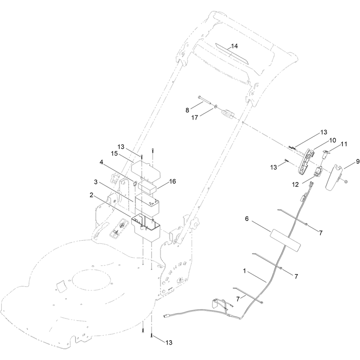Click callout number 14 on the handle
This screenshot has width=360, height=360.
pos(234,46)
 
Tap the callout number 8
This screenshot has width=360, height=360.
pos(187,110)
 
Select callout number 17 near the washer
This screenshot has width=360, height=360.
pos(194,118)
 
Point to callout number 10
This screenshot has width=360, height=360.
pos(333,140)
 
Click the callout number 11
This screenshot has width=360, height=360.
pos(344,144)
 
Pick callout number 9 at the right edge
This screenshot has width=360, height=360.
pos(358,162)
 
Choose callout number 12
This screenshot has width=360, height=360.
pos(296,184)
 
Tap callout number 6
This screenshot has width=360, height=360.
pos(247,219)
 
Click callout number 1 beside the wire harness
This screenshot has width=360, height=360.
pos(244,271)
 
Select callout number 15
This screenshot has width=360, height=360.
pos(114,153)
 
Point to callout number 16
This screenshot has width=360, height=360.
pos(172,181)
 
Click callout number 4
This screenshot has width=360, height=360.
pos(101,162)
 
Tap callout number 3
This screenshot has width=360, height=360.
pos(96,182)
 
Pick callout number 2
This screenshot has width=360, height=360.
pos(91,195)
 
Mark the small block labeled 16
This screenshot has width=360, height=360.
pos(147,187)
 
